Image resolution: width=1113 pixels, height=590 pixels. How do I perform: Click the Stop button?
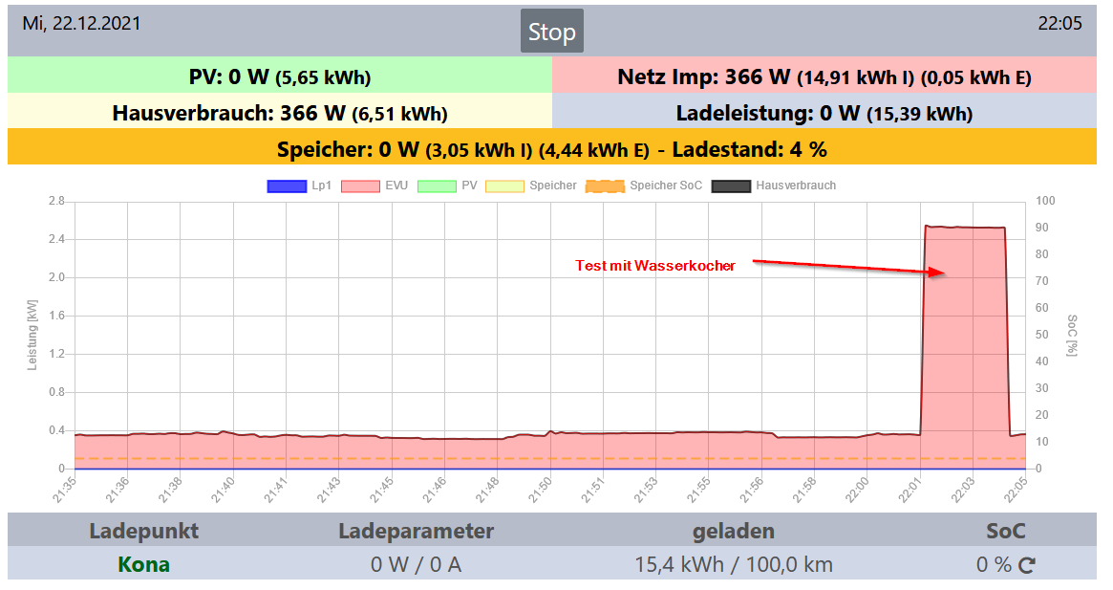click(551, 32)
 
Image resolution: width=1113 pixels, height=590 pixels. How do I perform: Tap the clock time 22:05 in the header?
click(1059, 24)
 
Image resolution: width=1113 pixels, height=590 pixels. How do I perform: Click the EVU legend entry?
click(375, 186)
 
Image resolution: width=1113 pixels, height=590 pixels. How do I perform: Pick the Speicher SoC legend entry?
click(644, 186)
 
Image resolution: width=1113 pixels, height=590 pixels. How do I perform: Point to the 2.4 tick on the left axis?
click(54, 239)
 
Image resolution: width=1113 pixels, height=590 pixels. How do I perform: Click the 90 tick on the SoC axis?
click(1046, 228)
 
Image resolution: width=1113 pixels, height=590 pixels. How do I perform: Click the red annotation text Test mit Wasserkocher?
click(655, 266)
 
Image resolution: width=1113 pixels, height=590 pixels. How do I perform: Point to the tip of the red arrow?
click(945, 273)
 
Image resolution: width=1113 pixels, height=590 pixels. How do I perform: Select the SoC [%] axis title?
click(1072, 335)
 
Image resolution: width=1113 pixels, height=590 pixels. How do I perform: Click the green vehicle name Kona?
click(143, 564)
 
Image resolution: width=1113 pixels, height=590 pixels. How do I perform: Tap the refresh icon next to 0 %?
click(1027, 565)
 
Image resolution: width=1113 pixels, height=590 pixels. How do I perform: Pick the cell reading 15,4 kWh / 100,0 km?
click(734, 564)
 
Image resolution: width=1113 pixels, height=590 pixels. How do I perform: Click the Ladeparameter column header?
click(416, 531)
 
